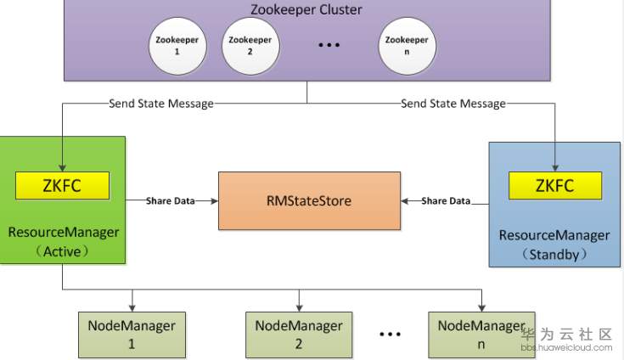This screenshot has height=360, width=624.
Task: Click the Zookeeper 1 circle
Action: [177, 46]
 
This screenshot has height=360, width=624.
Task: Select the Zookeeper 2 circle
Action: [250, 46]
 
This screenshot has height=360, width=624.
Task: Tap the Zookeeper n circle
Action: [407, 46]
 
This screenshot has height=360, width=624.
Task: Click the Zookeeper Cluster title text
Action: [306, 9]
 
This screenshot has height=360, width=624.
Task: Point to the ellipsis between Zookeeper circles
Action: [329, 45]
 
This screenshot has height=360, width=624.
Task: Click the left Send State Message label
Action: [161, 104]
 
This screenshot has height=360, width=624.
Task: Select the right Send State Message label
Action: [453, 104]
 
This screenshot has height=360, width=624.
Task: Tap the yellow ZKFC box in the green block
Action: [62, 185]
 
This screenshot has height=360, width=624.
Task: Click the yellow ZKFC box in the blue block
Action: [555, 185]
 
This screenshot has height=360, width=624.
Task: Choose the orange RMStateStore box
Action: [309, 200]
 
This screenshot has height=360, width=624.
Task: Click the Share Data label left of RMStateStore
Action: [171, 201]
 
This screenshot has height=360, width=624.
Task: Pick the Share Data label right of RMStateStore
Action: [446, 201]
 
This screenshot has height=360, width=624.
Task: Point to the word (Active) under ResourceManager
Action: [62, 251]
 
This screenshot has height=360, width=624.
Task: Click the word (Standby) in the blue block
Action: [554, 254]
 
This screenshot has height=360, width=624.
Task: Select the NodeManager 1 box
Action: [132, 335]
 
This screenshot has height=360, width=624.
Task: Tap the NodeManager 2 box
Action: [299, 335]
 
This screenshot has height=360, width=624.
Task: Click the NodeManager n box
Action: [481, 335]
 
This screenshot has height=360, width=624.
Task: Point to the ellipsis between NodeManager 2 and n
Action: [390, 335]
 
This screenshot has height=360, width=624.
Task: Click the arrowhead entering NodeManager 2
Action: [299, 308]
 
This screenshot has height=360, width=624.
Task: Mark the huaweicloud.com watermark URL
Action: [567, 347]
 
